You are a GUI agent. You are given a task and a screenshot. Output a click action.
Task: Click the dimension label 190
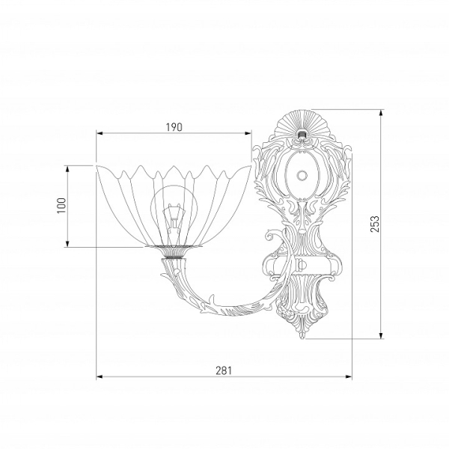coord(174,127)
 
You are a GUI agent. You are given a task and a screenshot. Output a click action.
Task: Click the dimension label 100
coord(61,205)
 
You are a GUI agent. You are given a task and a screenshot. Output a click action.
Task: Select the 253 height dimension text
coord(375,224)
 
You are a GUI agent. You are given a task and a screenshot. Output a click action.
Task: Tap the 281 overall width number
coord(223,370)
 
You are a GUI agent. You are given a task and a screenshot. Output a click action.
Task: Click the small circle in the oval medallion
coord(302,174)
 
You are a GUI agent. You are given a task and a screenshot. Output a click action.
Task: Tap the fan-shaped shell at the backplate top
coord(302,123)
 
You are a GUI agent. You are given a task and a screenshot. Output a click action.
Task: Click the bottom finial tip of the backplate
coord(303,338)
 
